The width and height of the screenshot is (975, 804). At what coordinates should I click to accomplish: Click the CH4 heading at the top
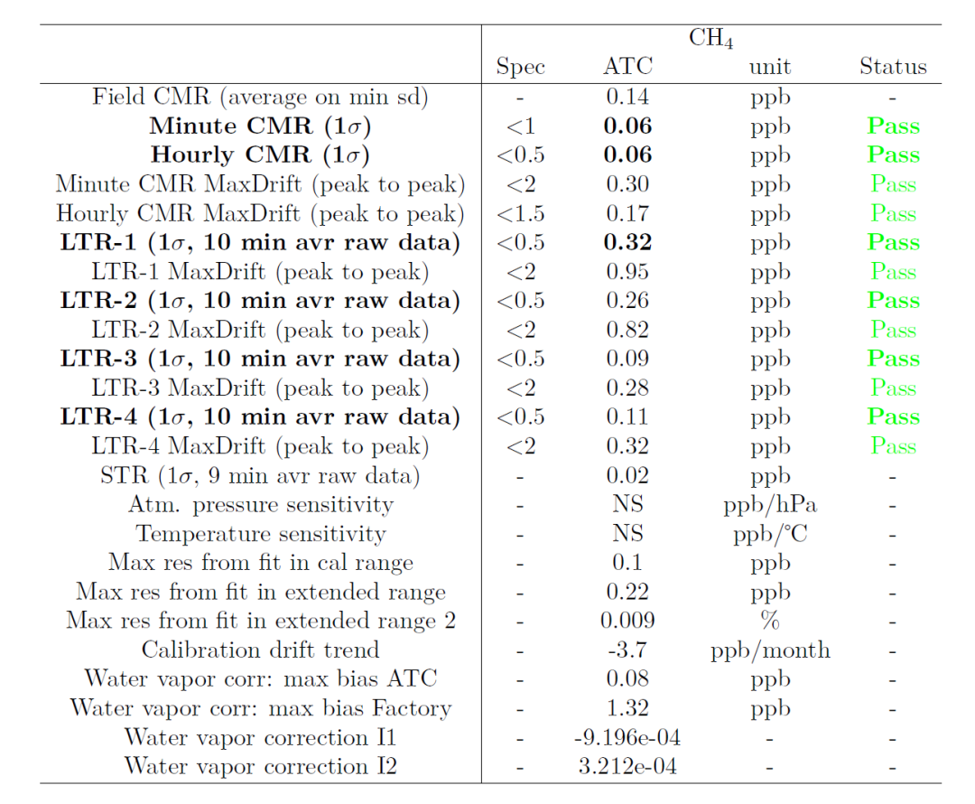pyautogui.click(x=710, y=40)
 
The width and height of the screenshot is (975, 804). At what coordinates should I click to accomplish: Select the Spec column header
pyautogui.click(x=520, y=67)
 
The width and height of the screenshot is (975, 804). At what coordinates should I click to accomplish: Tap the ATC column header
pyautogui.click(x=627, y=67)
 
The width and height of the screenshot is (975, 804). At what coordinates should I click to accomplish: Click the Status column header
pyautogui.click(x=893, y=67)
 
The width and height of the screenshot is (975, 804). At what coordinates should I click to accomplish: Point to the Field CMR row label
pyautogui.click(x=260, y=97)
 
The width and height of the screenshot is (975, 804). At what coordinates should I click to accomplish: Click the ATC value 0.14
pyautogui.click(x=627, y=97)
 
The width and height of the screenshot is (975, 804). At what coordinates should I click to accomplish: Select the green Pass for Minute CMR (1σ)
pyautogui.click(x=893, y=126)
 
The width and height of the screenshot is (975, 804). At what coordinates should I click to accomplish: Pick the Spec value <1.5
pyautogui.click(x=520, y=214)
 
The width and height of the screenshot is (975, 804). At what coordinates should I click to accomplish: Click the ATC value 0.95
pyautogui.click(x=627, y=272)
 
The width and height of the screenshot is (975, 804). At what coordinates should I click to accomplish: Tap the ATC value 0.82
pyautogui.click(x=627, y=330)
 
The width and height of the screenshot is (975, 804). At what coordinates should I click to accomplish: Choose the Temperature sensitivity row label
pyautogui.click(x=260, y=534)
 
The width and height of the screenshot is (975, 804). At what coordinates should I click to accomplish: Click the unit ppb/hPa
pyautogui.click(x=769, y=505)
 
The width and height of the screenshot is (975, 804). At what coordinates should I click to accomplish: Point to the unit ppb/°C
pyautogui.click(x=769, y=534)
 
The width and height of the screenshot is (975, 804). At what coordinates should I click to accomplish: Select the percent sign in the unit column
pyautogui.click(x=769, y=621)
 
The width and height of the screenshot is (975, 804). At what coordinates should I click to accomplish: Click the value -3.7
pyautogui.click(x=627, y=650)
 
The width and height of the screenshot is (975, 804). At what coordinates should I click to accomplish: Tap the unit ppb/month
pyautogui.click(x=769, y=650)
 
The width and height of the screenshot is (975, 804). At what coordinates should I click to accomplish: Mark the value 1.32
pyautogui.click(x=627, y=708)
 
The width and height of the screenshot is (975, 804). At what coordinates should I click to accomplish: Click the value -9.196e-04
pyautogui.click(x=627, y=738)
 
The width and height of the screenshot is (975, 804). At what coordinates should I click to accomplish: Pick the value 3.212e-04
pyautogui.click(x=627, y=767)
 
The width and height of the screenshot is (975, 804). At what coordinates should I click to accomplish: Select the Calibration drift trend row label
pyautogui.click(x=260, y=650)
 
